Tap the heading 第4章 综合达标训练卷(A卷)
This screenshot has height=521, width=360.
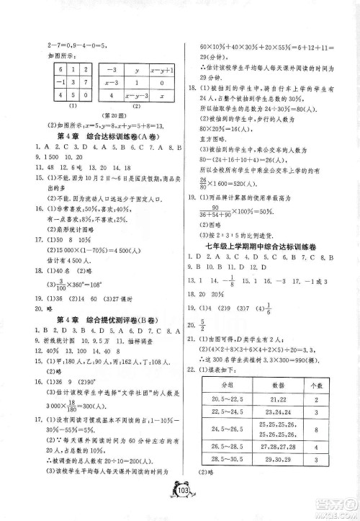94,137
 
